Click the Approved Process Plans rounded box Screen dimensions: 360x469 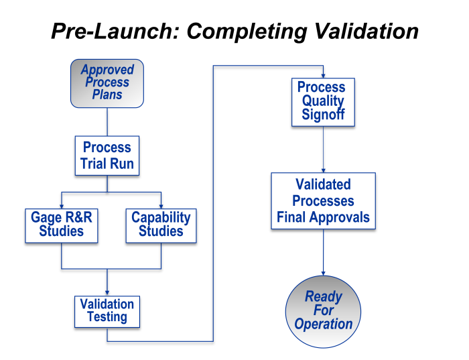(107, 83)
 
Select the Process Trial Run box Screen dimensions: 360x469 (107, 156)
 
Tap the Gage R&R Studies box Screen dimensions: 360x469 (62, 225)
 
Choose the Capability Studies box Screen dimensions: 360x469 (161, 225)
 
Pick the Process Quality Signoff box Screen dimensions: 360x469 (323, 102)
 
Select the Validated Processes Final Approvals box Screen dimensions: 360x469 (323, 201)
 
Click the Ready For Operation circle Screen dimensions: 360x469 (323, 311)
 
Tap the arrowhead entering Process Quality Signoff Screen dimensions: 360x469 (323, 75)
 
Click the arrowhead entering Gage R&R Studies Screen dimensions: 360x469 (62, 205)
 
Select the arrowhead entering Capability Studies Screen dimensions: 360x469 (161, 205)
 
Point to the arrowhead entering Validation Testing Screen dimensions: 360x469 (107, 292)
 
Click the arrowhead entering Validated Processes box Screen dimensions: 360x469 (323, 170)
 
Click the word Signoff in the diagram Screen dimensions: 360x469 (323, 115)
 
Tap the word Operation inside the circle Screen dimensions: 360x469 (323, 324)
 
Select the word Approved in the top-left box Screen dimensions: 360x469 (107, 70)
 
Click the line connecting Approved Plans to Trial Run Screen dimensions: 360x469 (107, 122)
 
